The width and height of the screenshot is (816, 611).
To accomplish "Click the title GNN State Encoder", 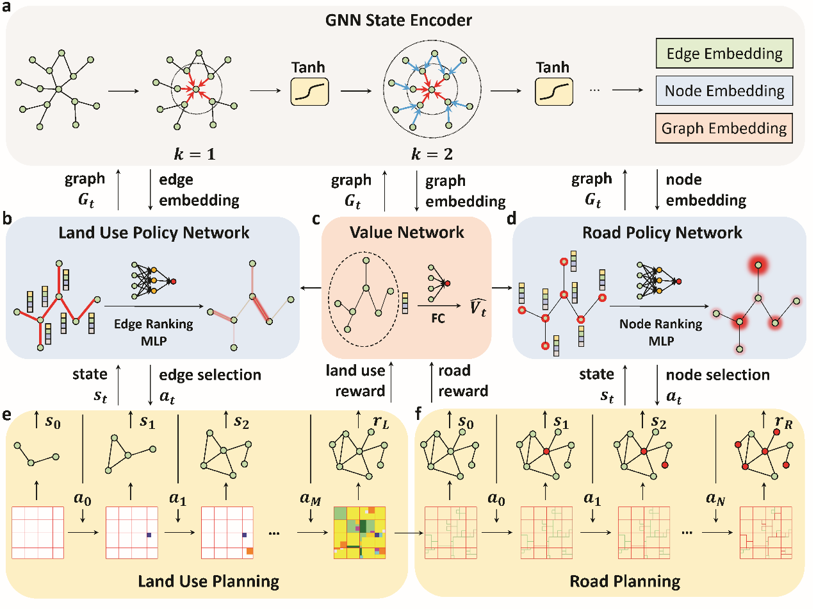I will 398,21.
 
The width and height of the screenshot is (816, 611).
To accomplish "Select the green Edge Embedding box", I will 724,54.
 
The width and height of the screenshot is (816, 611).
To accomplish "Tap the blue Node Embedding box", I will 724,91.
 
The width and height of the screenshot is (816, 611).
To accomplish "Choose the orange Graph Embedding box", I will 724,128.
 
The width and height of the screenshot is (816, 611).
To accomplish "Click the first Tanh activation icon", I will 309,92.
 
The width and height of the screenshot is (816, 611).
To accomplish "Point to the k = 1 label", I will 195,155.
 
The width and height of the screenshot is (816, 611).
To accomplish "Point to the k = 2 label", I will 432,155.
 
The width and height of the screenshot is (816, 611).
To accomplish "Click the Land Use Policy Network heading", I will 154,233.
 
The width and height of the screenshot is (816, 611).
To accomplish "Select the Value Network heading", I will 407,233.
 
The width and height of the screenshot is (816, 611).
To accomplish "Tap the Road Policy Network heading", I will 662,233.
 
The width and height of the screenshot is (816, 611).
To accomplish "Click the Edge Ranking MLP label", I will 154,332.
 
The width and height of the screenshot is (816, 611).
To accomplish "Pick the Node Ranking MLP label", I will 660,332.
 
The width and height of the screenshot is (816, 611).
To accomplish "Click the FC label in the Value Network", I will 438,319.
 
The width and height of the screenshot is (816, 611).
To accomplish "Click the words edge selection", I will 210,375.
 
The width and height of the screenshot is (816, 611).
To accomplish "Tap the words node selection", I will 717,375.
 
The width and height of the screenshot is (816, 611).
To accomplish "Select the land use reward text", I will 356,381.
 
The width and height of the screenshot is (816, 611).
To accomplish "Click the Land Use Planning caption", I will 208,582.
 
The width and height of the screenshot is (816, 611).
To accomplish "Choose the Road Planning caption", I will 624,582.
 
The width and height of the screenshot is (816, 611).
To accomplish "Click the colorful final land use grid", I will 359,533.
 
